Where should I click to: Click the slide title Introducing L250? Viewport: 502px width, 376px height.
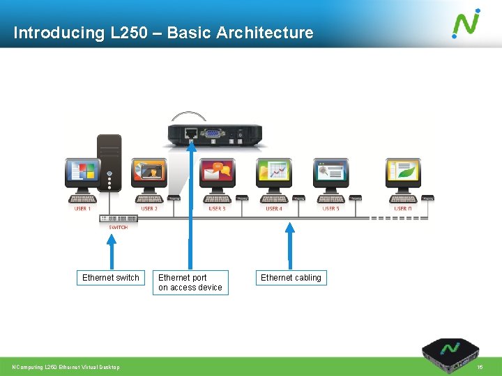(163, 33)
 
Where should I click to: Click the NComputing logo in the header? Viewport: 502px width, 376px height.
(466, 23)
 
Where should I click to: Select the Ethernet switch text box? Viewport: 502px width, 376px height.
(111, 278)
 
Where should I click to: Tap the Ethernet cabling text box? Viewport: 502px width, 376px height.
(291, 278)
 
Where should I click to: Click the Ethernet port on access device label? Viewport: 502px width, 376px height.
(190, 282)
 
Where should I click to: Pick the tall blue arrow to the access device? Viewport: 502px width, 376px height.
(190, 202)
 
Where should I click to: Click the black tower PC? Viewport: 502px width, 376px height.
(109, 163)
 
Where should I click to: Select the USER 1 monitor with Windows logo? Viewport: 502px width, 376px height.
(83, 174)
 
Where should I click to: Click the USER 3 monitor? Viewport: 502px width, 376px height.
(217, 174)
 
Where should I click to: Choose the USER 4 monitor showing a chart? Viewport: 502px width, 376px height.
(274, 174)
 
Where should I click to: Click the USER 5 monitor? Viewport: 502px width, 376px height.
(330, 174)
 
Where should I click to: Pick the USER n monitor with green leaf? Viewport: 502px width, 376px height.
(403, 174)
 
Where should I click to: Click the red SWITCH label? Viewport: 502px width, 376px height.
(118, 227)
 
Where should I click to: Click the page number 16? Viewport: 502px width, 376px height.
(479, 367)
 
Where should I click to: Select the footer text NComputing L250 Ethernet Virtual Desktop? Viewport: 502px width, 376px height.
(66, 367)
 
